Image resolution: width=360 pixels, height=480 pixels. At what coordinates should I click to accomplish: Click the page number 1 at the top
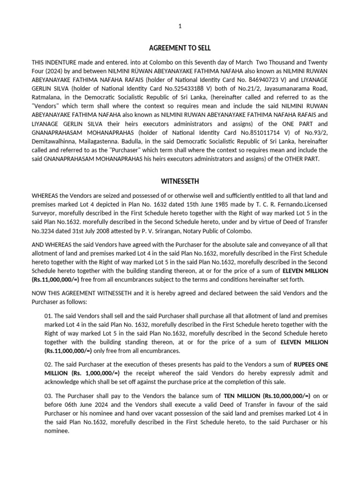tap(180, 27)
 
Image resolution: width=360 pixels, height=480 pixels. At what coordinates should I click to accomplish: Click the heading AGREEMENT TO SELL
tap(180, 48)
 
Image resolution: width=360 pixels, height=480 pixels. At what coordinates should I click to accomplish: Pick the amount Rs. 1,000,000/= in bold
tap(96, 373)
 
